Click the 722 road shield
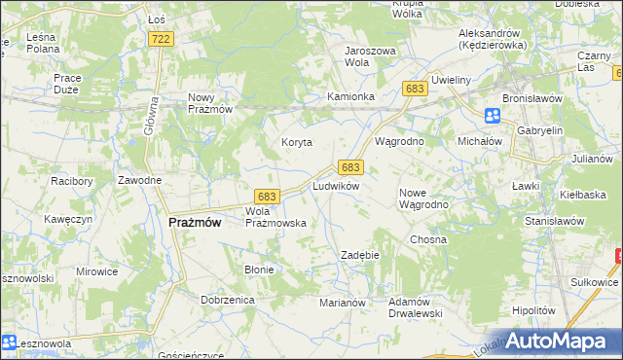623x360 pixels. pyautogui.click(x=162, y=38)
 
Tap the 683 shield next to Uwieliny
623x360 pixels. pyautogui.click(x=415, y=89)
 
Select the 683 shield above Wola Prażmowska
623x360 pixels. pyautogui.click(x=268, y=196)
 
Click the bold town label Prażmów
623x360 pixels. pyautogui.click(x=195, y=222)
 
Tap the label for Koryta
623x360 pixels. pyautogui.click(x=297, y=142)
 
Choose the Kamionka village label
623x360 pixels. pyautogui.click(x=350, y=97)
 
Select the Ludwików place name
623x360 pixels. pyautogui.click(x=337, y=185)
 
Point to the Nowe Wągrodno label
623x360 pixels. pyautogui.click(x=423, y=198)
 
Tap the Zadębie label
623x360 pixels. pyautogui.click(x=359, y=255)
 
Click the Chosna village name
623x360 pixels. pyautogui.click(x=428, y=239)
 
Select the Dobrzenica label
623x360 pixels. pyautogui.click(x=228, y=301)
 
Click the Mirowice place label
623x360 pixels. pyautogui.click(x=95, y=272)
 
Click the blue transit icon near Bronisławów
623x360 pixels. pyautogui.click(x=493, y=116)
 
